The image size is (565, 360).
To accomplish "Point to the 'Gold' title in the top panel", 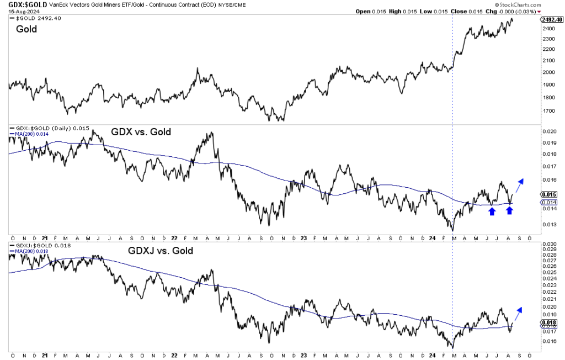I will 26,29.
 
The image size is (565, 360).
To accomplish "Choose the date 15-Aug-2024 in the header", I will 22,12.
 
